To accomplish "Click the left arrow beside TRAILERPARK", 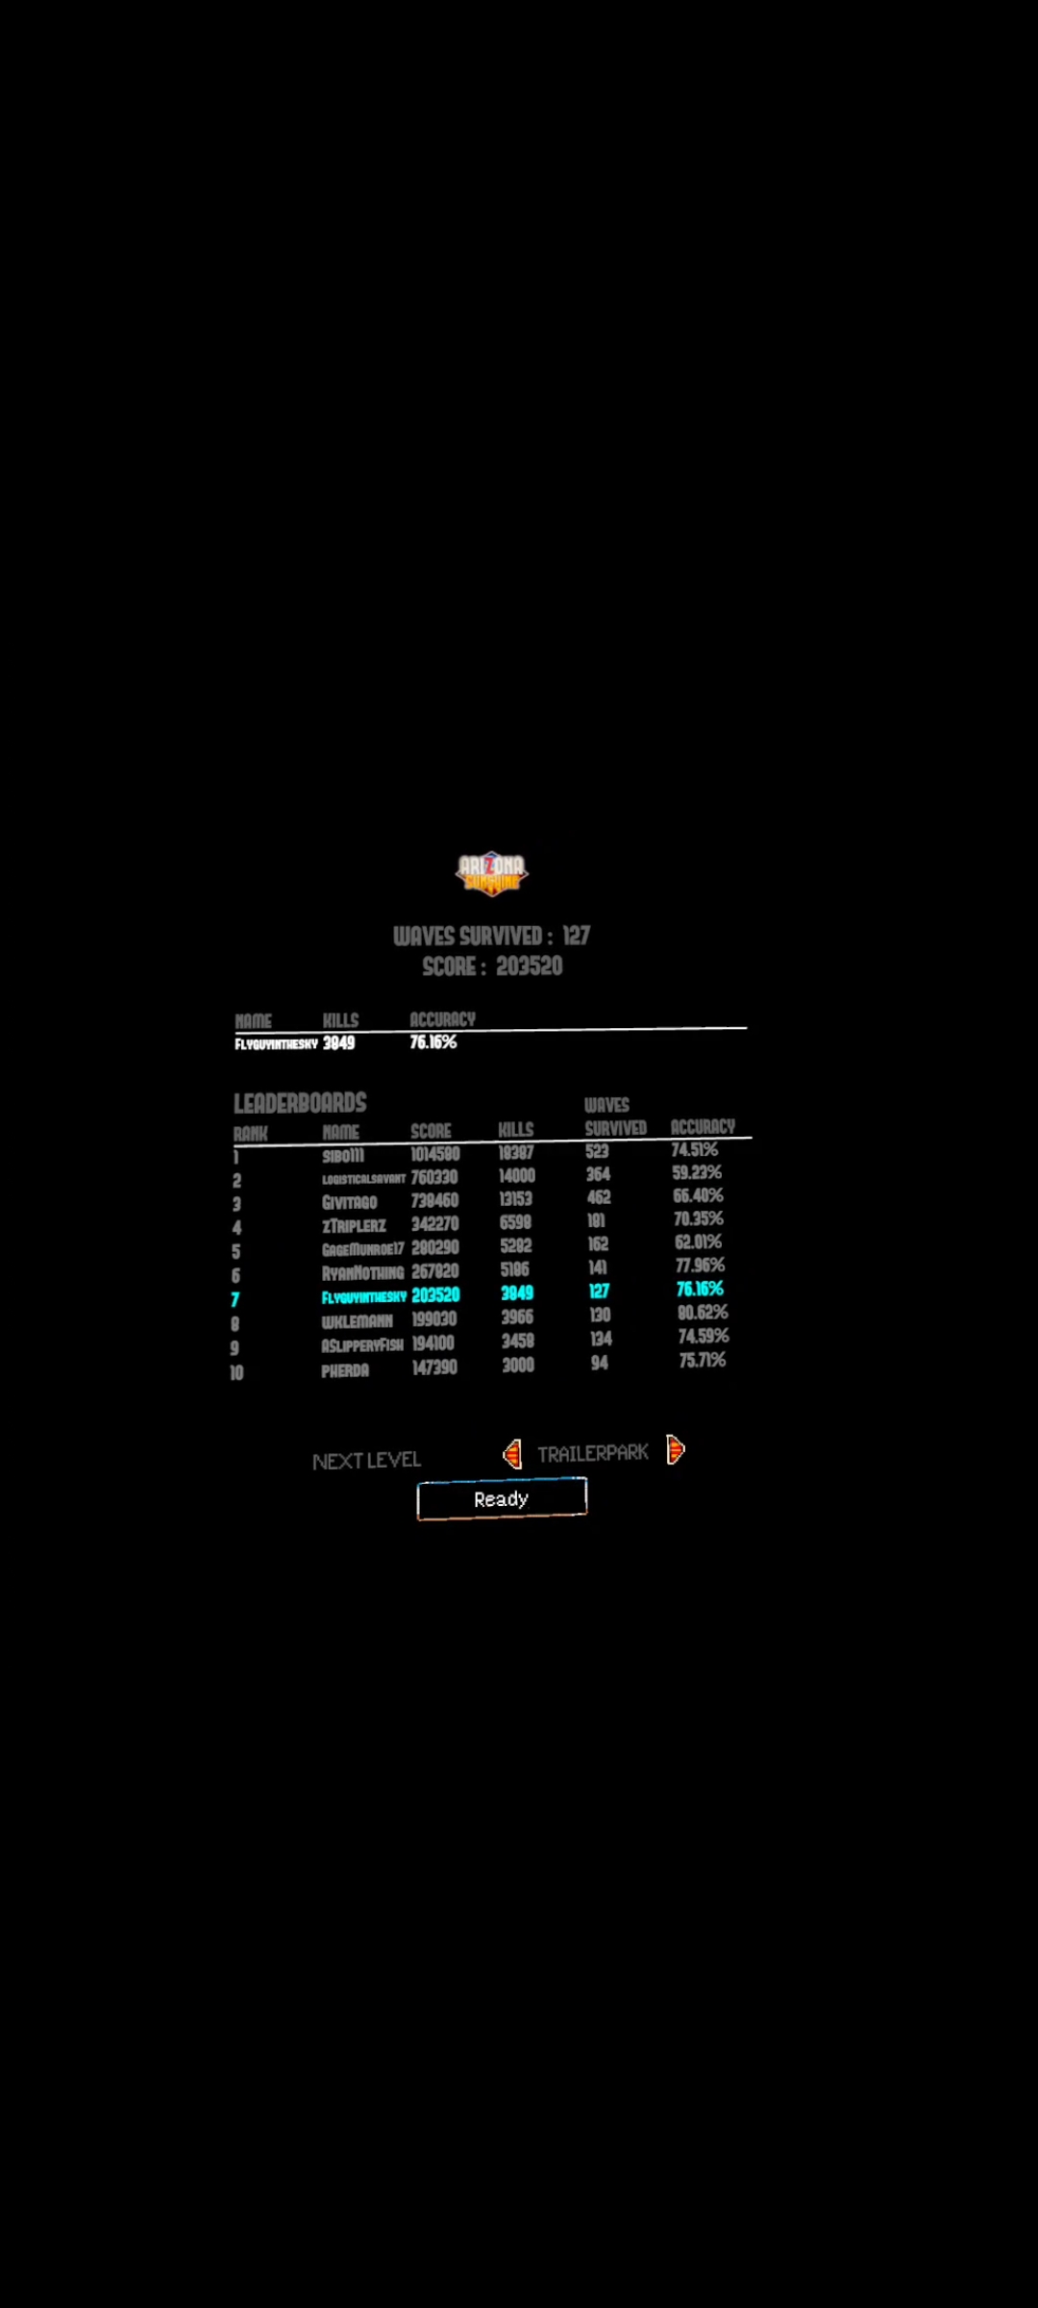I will click(x=512, y=1453).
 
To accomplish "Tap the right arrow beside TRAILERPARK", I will click(x=676, y=1449).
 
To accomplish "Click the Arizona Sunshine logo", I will click(x=491, y=872).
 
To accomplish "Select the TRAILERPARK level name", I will click(x=593, y=1453).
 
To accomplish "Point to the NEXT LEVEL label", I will click(x=366, y=1461).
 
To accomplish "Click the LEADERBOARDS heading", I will click(x=300, y=1103).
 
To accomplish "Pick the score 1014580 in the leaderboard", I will click(x=435, y=1154).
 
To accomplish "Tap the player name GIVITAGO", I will click(x=349, y=1202).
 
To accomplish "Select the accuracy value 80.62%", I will click(x=703, y=1313).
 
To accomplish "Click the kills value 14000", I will click(x=517, y=1175).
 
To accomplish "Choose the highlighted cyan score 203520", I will click(x=435, y=1295).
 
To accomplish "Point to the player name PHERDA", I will click(x=345, y=1370).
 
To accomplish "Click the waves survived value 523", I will click(x=597, y=1151).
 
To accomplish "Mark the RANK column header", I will click(x=250, y=1134).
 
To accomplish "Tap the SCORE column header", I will click(x=431, y=1131).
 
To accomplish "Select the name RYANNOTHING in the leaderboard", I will click(x=362, y=1273).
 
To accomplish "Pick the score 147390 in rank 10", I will click(x=434, y=1367).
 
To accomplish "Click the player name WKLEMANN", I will click(x=357, y=1321).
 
